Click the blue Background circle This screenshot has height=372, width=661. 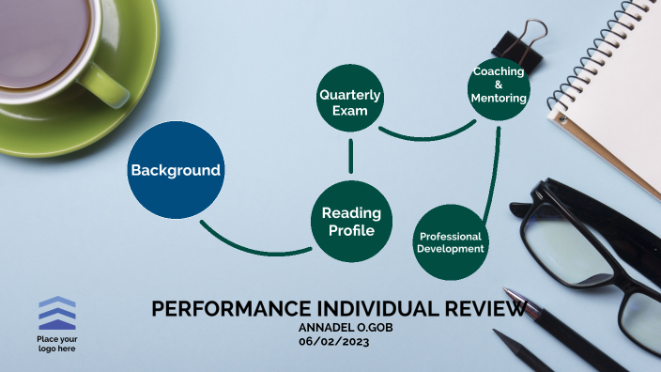tap(176, 170)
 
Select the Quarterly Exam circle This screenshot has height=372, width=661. tap(350, 99)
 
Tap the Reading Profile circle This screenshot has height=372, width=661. tap(350, 222)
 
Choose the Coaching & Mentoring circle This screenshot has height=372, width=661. tap(499, 89)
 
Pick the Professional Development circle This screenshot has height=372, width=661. tap(451, 242)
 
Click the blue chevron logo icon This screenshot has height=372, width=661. tap(56, 313)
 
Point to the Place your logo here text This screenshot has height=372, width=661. tap(56, 343)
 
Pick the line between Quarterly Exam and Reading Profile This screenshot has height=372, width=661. tap(350, 157)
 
